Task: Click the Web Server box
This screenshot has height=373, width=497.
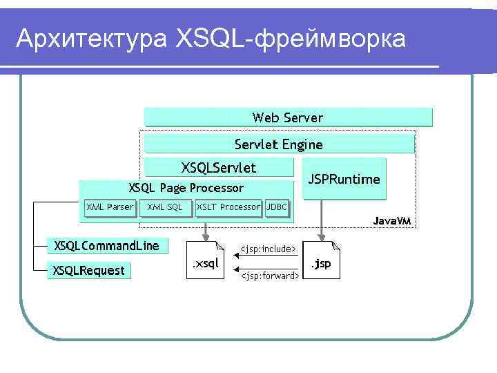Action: coord(287,117)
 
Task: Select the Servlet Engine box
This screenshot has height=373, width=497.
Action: coord(278,144)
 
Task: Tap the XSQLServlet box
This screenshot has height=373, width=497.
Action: coord(218,167)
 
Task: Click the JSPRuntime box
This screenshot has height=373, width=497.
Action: coord(344,179)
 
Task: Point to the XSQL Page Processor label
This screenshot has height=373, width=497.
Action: coord(186,188)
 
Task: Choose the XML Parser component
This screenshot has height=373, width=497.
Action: coord(109,207)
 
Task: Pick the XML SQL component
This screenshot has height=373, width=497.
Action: coord(165,207)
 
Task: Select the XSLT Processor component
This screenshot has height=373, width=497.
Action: coord(228,207)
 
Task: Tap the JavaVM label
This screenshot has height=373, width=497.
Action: coord(392,221)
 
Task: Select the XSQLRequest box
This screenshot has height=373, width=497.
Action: coord(89,271)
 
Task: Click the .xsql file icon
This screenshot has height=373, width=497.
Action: coord(206,260)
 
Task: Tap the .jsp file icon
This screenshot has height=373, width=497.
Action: coord(322,260)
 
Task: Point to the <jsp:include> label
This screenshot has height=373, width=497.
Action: coord(268,249)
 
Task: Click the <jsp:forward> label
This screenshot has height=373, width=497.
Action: coord(269,276)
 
